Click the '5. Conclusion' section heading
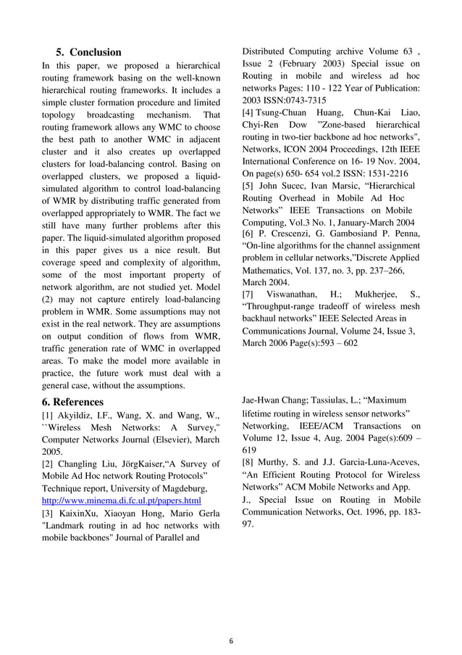click(x=88, y=52)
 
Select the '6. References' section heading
click(x=72, y=402)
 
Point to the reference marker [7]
click(x=248, y=294)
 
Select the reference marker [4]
click(x=248, y=112)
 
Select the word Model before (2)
click(x=206, y=288)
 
